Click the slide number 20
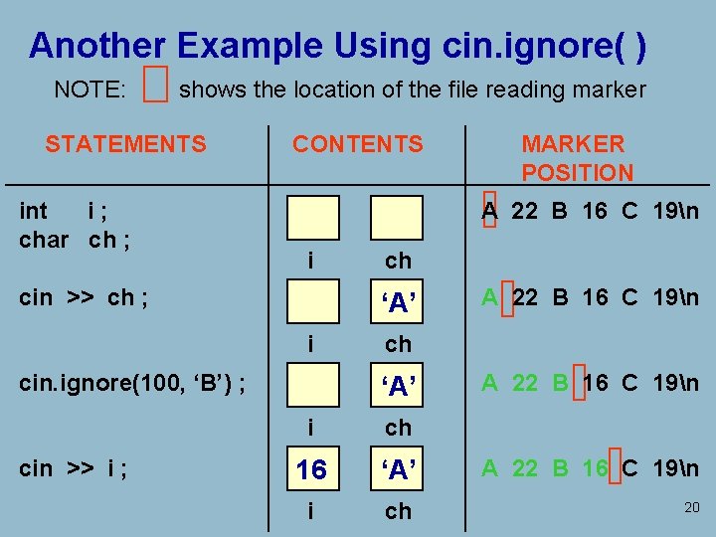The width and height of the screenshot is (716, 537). (x=692, y=508)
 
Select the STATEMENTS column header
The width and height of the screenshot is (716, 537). (x=125, y=144)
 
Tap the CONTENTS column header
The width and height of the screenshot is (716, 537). (x=357, y=144)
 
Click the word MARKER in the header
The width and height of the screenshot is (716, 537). (x=573, y=144)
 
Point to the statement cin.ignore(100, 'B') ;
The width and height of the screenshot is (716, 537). (x=133, y=381)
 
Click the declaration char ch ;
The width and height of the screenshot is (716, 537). (x=76, y=240)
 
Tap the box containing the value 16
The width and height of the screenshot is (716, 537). (x=312, y=469)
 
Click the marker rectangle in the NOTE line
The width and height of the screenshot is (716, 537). (x=154, y=88)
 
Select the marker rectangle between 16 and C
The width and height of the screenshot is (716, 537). (x=615, y=466)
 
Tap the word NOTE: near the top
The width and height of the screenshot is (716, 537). (x=89, y=89)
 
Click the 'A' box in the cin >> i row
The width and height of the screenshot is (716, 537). (x=397, y=469)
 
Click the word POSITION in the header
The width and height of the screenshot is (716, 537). (x=577, y=172)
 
